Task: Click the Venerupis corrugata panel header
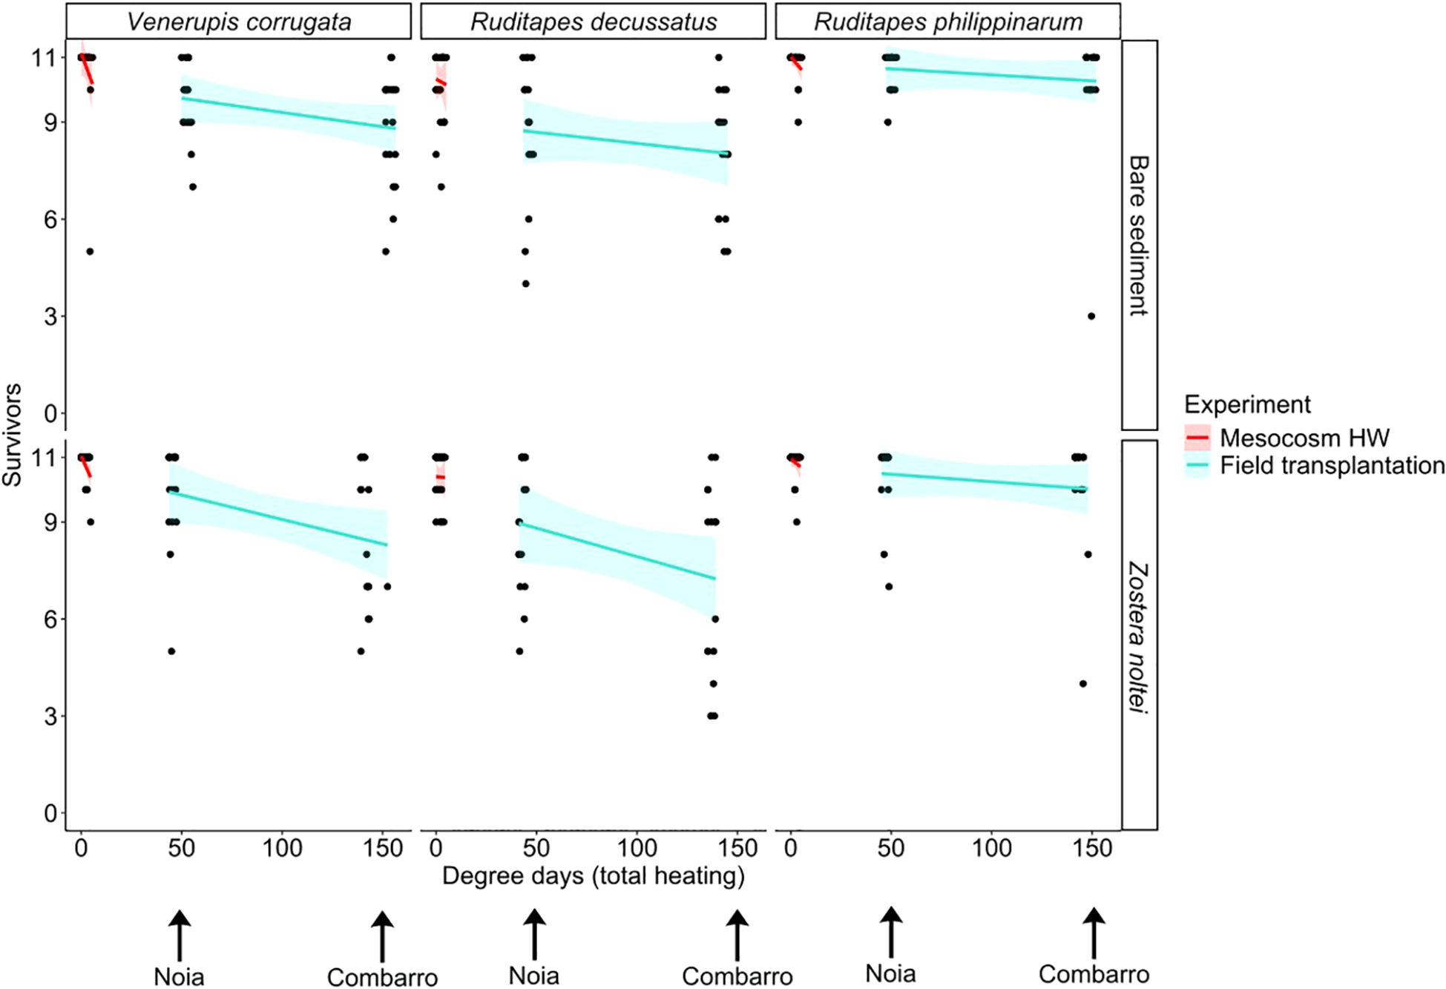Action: click(x=238, y=22)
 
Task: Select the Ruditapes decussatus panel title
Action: click(x=593, y=22)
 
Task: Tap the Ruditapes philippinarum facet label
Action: click(x=947, y=22)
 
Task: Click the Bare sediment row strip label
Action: click(x=1138, y=235)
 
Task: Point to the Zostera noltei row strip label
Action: click(x=1138, y=636)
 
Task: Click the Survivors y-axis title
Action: click(x=13, y=435)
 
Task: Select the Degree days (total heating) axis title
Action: click(x=593, y=875)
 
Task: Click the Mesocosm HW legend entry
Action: click(x=1304, y=438)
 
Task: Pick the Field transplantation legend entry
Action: click(x=1332, y=466)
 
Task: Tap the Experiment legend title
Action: click(x=1247, y=404)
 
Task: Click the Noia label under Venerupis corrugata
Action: click(x=179, y=976)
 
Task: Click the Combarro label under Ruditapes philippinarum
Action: click(x=1094, y=974)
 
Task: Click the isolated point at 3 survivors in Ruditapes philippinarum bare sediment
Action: click(x=1091, y=316)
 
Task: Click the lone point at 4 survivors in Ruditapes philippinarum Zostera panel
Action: click(x=1083, y=684)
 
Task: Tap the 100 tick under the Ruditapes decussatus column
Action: click(x=637, y=848)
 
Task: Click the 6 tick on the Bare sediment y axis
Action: click(x=50, y=220)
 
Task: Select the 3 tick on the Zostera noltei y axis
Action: click(x=50, y=717)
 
